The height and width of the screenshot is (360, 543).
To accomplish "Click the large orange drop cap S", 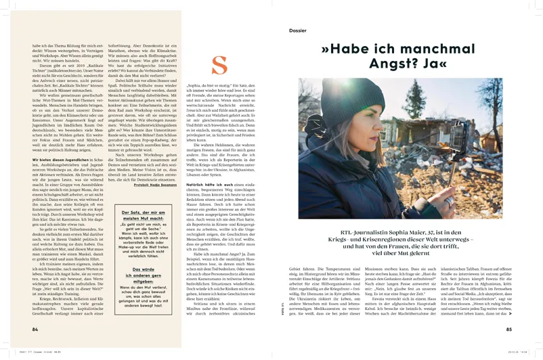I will [219, 66].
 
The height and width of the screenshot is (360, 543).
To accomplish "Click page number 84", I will [35, 330].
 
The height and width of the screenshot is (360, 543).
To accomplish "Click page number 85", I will [508, 330].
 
